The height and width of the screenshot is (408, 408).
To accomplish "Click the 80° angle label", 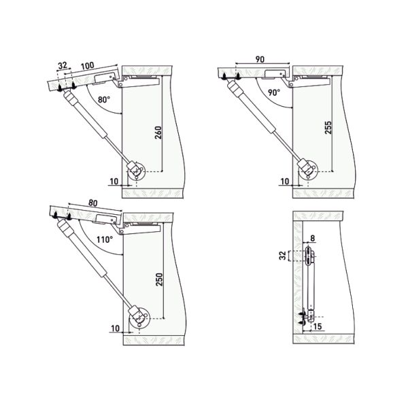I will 103,101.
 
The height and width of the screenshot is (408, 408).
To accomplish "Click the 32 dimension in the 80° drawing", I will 63,66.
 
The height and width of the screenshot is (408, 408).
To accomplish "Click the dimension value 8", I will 312,239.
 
